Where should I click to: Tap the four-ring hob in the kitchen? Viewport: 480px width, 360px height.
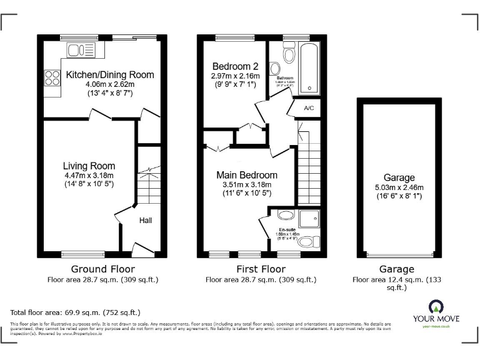[49, 79]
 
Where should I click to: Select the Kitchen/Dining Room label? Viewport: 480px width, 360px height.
[109, 75]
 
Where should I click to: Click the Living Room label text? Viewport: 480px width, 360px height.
[89, 166]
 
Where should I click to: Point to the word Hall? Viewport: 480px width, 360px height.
[145, 220]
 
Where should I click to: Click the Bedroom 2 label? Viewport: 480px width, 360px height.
[234, 66]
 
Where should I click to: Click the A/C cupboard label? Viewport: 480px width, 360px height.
[308, 107]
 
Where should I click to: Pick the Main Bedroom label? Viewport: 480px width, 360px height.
[247, 175]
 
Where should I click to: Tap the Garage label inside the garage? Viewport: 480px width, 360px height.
[399, 178]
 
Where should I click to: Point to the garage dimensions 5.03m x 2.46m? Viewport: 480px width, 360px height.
[399, 187]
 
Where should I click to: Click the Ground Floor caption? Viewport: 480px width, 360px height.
[102, 269]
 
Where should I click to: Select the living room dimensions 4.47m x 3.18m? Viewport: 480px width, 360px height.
[89, 175]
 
